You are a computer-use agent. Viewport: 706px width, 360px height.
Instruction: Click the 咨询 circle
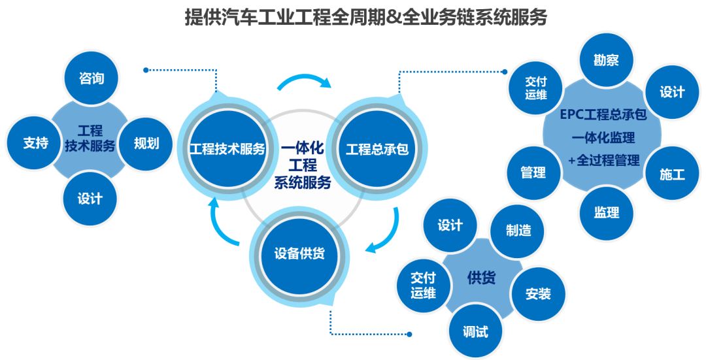pos(92,79)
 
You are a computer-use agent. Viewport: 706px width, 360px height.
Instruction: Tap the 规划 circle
pos(146,142)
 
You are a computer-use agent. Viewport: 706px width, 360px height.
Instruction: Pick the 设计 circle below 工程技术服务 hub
pos(90,199)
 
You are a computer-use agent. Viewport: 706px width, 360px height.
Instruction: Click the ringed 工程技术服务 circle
pos(227,149)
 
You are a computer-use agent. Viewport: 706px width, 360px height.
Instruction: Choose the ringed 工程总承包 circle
pos(377,149)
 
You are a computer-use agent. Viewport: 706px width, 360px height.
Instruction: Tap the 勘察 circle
pos(605,61)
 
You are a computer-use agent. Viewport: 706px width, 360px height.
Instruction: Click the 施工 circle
pos(671,174)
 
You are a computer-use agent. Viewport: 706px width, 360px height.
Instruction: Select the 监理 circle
pos(606,212)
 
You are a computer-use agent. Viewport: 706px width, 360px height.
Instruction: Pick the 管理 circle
pos(533,172)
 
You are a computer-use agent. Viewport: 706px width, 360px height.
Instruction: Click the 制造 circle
pos(518,230)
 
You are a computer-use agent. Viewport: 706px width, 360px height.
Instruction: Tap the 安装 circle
pos(537,293)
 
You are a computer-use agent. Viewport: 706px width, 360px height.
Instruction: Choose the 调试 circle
pos(475,331)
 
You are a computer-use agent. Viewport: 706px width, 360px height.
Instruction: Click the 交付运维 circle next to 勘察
pos(536,88)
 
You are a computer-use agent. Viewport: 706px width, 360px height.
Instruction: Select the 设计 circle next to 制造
pos(450,225)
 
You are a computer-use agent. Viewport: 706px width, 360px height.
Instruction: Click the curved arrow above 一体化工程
pos(304,82)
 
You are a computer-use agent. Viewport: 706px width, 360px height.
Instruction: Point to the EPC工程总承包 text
pos(603,114)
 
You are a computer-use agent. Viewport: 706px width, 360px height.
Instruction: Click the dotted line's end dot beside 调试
pos(409,335)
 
